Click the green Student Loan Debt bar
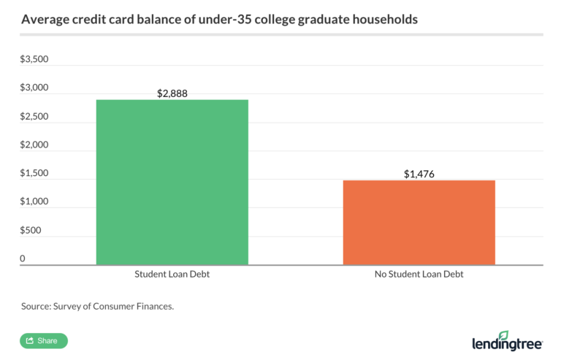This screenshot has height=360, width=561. (172, 182)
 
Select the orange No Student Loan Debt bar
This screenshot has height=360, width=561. (419, 222)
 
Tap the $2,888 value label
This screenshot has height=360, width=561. (172, 93)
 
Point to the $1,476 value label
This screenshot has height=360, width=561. (419, 174)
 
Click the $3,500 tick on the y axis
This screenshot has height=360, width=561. (34, 59)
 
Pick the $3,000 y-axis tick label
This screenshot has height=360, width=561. (34, 88)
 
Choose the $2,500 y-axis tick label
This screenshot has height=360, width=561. (34, 116)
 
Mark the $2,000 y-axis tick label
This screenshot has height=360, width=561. (34, 145)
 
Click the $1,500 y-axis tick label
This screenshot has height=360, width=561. (34, 173)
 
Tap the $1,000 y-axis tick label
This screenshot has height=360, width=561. (34, 202)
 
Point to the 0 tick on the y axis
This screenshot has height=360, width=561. (23, 258)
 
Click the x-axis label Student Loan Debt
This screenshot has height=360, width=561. (172, 275)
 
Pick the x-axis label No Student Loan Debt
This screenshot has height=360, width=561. (419, 275)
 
